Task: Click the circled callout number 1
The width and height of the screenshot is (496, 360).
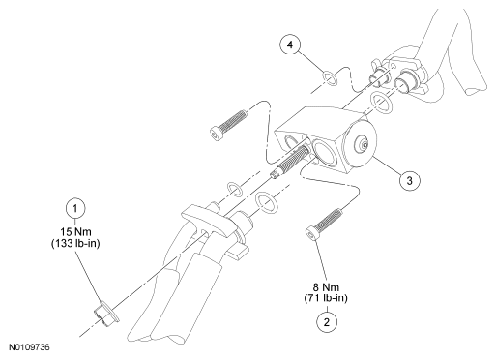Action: tap(75, 208)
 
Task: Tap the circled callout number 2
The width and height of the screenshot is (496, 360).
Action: tap(327, 322)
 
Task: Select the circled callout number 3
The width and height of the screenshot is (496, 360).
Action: tap(409, 180)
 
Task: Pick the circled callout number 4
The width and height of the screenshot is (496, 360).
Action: tap(290, 45)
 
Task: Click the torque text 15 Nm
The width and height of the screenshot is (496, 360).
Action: tap(75, 231)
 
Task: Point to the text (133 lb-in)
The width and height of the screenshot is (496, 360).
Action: tap(75, 243)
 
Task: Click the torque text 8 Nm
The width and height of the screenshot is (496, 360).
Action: tap(326, 286)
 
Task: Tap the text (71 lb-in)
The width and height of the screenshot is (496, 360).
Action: tap(326, 298)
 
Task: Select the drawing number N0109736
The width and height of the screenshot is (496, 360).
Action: tap(29, 347)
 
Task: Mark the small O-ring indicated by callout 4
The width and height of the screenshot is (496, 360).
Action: tap(330, 79)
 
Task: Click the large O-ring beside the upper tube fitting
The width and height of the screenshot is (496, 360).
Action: tap(381, 103)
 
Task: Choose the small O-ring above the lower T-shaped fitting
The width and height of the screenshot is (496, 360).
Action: tap(234, 190)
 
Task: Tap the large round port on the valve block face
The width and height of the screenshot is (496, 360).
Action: tap(325, 151)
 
